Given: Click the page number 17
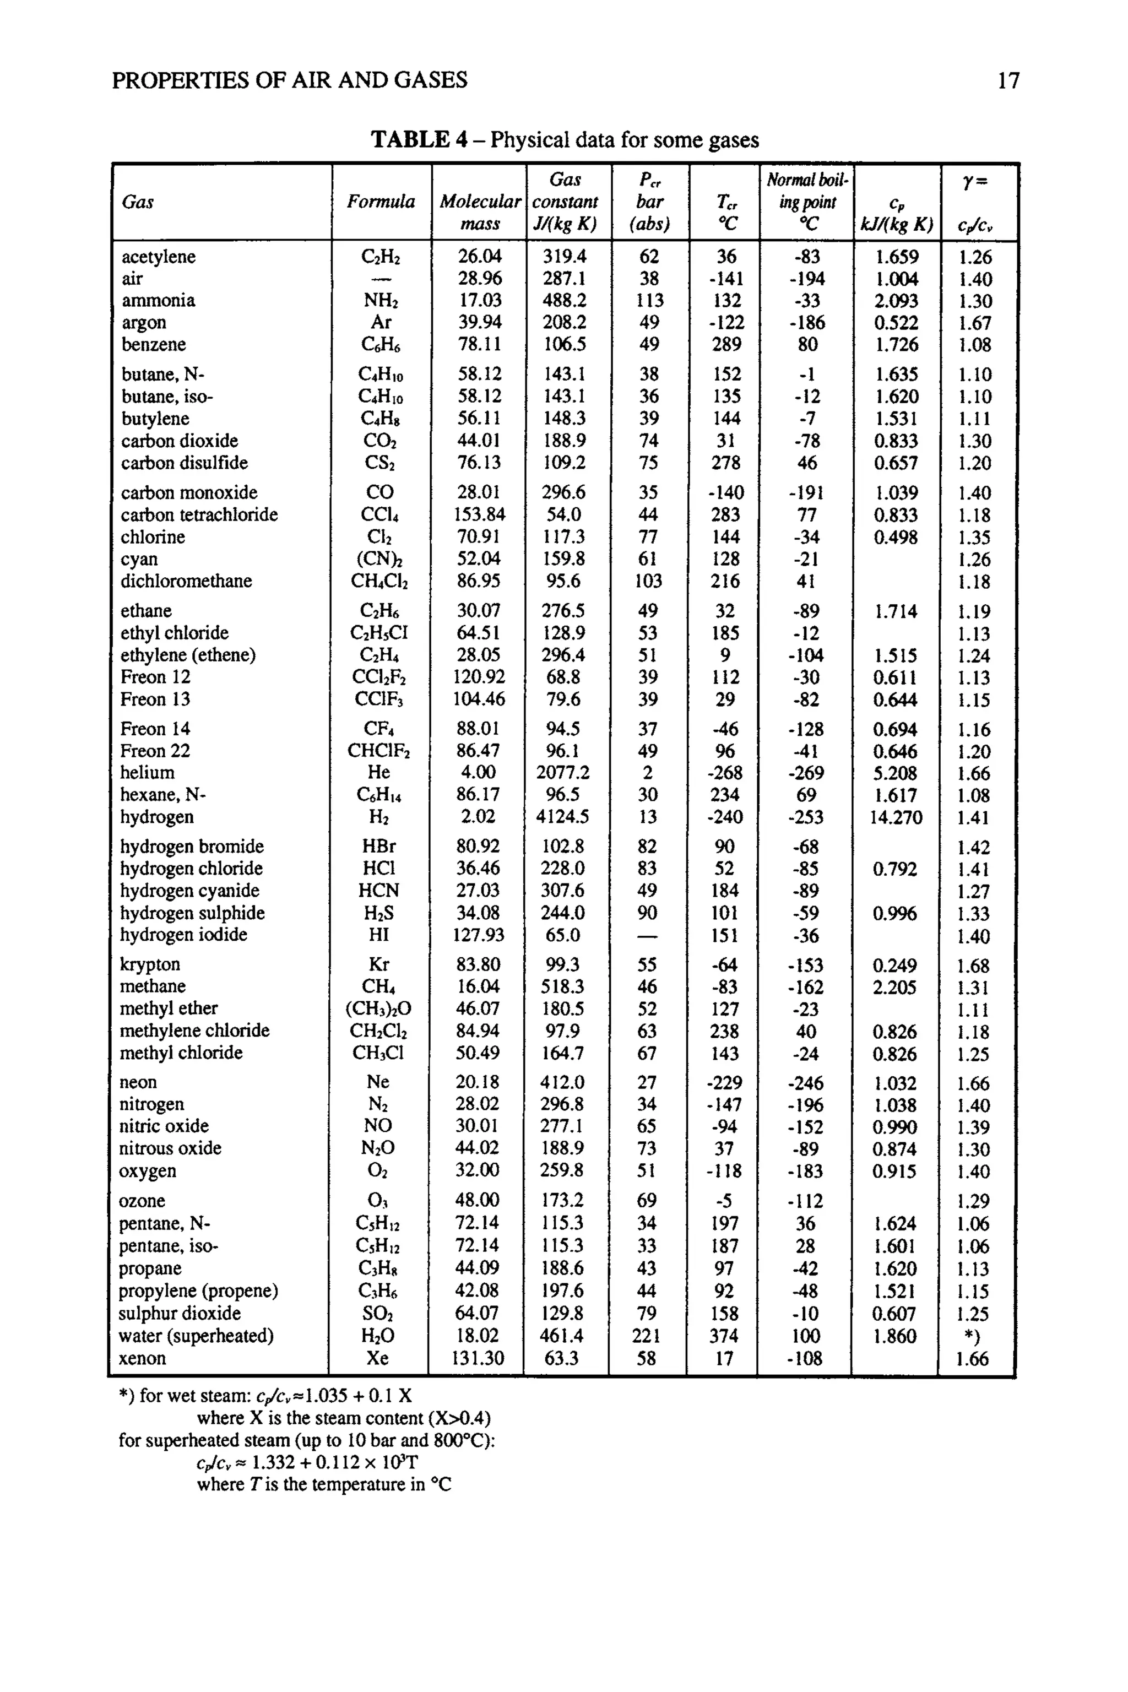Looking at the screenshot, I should (1008, 80).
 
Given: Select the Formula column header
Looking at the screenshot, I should (381, 202).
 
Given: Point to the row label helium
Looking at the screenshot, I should (147, 773).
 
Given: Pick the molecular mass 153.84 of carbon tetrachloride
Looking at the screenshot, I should (479, 514).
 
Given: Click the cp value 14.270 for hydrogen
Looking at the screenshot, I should (896, 817).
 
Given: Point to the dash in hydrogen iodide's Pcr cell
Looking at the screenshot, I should (647, 936).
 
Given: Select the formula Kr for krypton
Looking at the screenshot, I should (378, 965).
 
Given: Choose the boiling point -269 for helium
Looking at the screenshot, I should (806, 773).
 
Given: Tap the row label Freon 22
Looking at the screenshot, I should (155, 751).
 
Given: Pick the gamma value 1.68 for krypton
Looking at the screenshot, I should (973, 966).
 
